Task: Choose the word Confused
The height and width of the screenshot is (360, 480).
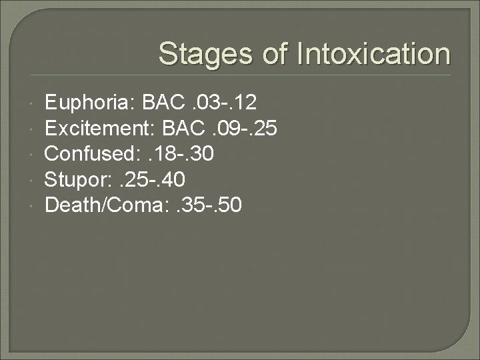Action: pos(89,155)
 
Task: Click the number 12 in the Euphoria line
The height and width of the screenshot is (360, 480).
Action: pos(246,103)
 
